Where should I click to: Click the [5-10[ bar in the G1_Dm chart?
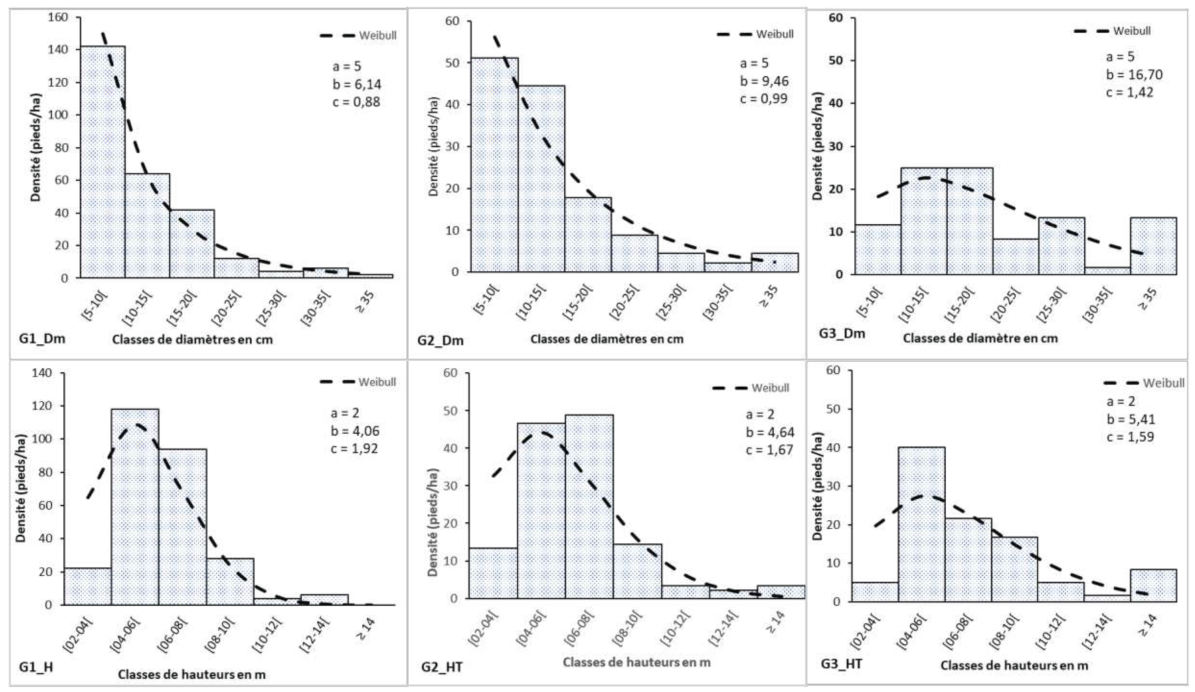click(103, 161)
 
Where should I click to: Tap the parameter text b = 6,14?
click(356, 85)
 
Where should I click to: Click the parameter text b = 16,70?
click(1134, 74)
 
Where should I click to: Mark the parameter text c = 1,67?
click(769, 449)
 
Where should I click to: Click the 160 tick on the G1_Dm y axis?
click(59, 17)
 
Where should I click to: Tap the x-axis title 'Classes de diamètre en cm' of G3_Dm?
click(980, 338)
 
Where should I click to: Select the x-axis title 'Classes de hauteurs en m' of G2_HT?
click(636, 662)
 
